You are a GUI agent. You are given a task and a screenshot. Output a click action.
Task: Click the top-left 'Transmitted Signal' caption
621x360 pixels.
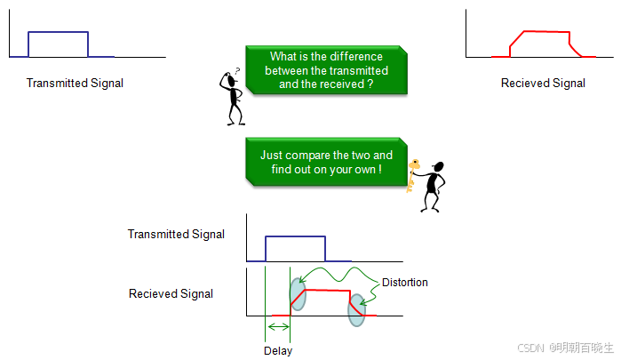pos(75,84)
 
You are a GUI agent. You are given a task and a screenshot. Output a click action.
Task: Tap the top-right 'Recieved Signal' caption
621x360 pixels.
pos(543,84)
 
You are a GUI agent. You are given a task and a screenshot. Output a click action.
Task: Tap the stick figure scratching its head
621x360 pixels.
pos(234,96)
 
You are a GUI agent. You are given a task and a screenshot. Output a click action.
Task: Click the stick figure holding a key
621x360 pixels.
pos(433,186)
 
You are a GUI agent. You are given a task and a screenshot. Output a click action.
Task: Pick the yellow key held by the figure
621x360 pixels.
pos(412,173)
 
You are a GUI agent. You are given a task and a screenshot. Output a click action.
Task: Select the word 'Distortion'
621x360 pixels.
pos(404,283)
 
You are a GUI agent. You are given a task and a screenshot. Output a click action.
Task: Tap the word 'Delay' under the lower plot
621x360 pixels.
pos(278,350)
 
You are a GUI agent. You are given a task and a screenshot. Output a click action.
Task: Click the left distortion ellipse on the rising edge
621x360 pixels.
pos(297,293)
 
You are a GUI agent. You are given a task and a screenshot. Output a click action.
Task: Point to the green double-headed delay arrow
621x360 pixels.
pos(278,329)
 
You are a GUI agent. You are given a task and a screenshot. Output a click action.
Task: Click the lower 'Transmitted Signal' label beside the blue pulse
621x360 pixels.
pos(176,235)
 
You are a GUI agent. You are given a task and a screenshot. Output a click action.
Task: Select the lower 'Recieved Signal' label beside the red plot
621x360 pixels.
pos(171,293)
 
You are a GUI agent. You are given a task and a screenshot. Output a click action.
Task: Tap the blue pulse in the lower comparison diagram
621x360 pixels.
pos(297,237)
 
